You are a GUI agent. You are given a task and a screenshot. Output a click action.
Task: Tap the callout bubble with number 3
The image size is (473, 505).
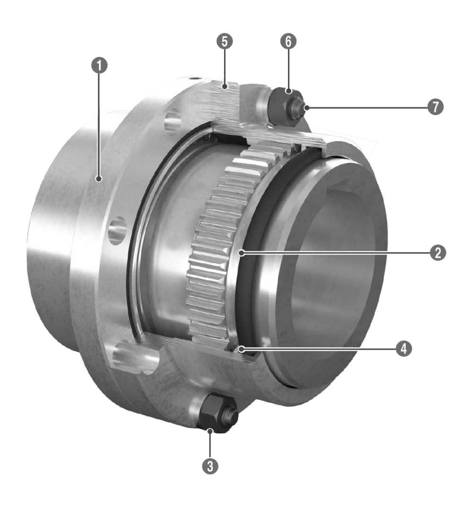[210, 466]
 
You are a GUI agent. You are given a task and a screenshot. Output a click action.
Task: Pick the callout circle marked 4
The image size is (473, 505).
[403, 349]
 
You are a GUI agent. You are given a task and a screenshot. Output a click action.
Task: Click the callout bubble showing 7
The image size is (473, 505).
[436, 107]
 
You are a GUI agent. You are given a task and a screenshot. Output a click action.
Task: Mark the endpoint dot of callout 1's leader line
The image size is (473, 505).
[99, 179]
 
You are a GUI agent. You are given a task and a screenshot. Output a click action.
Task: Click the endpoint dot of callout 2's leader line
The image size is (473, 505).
[242, 253]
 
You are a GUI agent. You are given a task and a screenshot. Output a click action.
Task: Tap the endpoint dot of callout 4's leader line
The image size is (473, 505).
[242, 349]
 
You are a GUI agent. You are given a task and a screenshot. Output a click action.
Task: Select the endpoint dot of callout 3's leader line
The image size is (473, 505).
[210, 429]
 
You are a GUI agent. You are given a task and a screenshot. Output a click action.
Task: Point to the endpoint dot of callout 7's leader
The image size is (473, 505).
[307, 108]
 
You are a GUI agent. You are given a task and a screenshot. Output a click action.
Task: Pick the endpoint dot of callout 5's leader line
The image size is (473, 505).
[225, 86]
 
